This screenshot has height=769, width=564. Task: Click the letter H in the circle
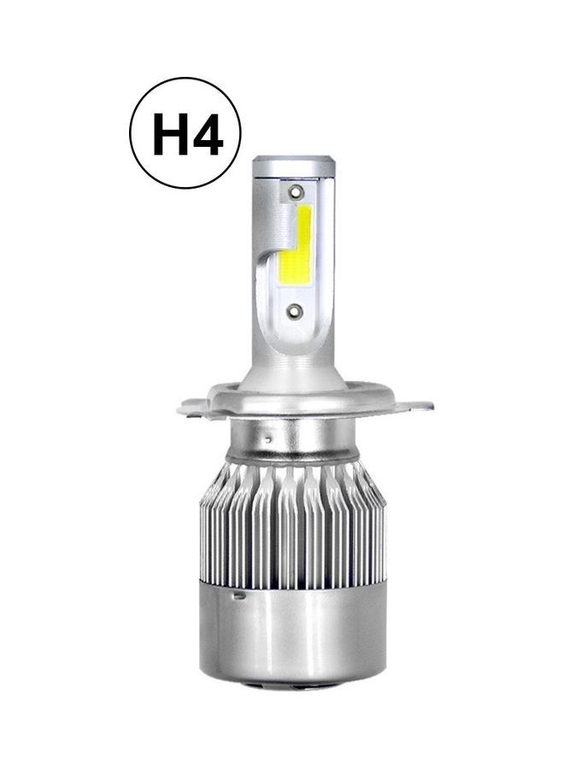coord(169,133)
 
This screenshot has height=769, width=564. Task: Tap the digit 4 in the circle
coord(207,133)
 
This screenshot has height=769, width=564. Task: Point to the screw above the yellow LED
coord(296,191)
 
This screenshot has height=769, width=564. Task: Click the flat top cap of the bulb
coord(293,161)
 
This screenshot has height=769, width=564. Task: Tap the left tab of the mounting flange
coord(196,408)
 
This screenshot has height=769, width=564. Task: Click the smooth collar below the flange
coord(295,440)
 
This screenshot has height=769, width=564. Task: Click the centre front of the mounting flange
coord(295,408)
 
